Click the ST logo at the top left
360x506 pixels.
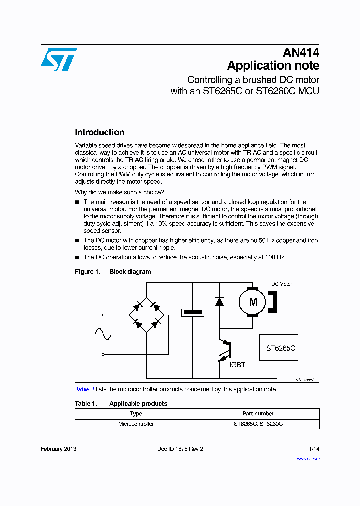[x=59, y=59]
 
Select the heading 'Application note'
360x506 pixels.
[x=273, y=66]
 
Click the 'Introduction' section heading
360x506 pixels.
[x=99, y=132]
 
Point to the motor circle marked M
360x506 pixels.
[x=253, y=302]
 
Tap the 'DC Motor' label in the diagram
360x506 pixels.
[x=281, y=284]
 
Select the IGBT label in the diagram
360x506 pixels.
[x=237, y=365]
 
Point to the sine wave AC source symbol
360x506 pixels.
[x=104, y=334]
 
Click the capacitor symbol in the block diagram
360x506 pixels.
[x=193, y=313]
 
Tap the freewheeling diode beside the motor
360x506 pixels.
[x=219, y=301]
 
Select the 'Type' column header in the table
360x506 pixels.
[x=136, y=414]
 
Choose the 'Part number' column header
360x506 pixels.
[x=258, y=414]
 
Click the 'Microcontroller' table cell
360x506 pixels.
[x=136, y=424]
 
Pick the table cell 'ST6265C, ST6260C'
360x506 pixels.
[x=258, y=424]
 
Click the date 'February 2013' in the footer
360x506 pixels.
[x=58, y=449]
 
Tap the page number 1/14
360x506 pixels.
[x=314, y=449]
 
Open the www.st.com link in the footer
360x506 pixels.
[x=308, y=458]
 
